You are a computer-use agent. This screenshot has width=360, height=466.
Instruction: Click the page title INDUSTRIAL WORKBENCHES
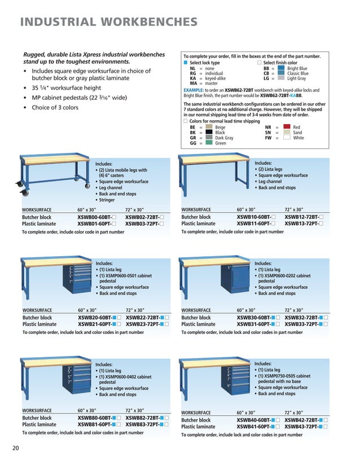point(109,23)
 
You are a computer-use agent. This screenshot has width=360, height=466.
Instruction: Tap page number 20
point(16,448)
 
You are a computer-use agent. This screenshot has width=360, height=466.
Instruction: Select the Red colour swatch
point(287,128)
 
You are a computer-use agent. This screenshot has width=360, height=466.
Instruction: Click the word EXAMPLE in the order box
point(195,90)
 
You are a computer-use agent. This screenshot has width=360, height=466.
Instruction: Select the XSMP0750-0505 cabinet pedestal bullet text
point(283,376)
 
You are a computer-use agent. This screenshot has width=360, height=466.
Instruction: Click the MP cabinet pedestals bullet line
point(78,98)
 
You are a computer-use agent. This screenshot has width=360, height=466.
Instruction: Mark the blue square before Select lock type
point(186,63)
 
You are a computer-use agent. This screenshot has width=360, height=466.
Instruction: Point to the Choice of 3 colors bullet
point(55,108)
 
